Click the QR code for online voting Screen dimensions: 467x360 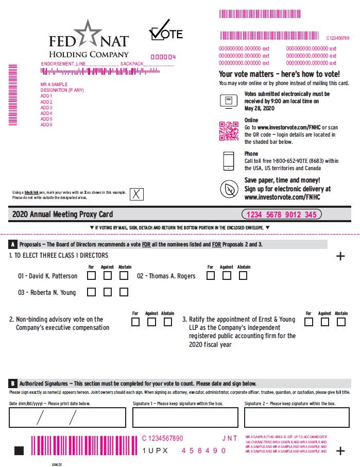229,131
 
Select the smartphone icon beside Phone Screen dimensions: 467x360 228,161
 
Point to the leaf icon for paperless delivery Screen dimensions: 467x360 228,189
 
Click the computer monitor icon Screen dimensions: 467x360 228,101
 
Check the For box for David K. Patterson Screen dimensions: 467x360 92,276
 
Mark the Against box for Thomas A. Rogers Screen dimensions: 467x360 227,276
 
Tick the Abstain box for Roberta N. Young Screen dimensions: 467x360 124,292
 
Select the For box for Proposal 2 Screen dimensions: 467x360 135,322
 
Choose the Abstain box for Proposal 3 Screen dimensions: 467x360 341,322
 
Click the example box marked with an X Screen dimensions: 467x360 136,194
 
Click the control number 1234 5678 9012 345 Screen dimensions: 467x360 282,214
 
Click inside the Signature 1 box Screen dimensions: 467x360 185,418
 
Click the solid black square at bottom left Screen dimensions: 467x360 19,451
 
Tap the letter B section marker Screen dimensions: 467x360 12,383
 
